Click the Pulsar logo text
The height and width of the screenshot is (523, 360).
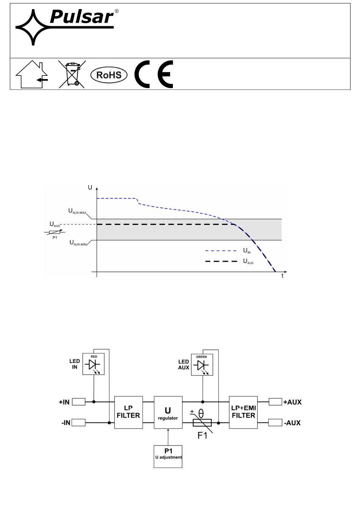(81, 17)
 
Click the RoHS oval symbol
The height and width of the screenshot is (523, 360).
(109, 75)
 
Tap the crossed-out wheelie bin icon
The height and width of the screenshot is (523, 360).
(72, 74)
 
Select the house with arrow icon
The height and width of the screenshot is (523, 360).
(32, 74)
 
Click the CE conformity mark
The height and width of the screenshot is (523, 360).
(153, 74)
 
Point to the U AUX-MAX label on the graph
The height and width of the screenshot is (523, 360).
(77, 211)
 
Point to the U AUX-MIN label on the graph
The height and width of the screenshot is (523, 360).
(78, 243)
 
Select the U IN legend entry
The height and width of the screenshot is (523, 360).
(228, 251)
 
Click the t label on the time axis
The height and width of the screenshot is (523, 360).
(282, 276)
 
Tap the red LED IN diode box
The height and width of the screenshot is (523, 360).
(93, 364)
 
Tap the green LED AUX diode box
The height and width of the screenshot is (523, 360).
(202, 365)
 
